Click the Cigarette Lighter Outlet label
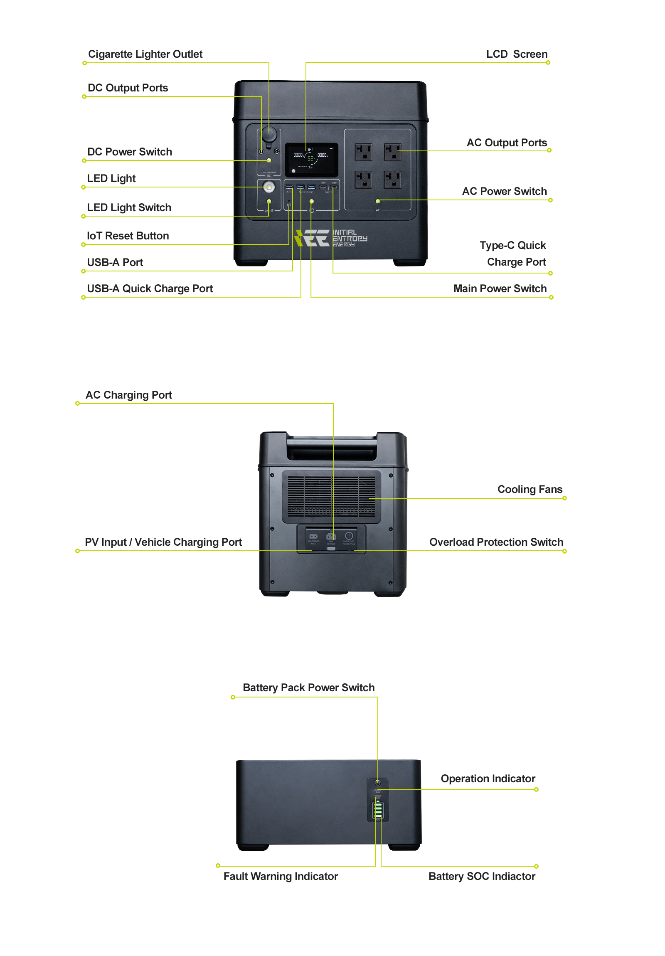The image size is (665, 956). (x=145, y=54)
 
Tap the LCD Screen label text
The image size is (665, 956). (x=516, y=54)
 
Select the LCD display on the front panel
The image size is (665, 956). (x=311, y=160)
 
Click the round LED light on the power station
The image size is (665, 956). (x=269, y=187)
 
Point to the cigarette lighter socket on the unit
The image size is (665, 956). (x=269, y=135)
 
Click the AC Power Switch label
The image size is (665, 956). (x=504, y=191)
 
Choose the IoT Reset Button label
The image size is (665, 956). (x=128, y=236)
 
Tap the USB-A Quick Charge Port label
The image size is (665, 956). (x=150, y=288)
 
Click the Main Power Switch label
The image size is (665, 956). (x=500, y=288)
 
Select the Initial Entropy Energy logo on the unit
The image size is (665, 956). (x=331, y=238)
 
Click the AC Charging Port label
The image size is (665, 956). (x=129, y=395)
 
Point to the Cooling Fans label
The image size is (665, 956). (x=530, y=489)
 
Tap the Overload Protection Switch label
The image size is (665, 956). (x=496, y=542)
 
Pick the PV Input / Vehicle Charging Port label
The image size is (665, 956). (x=163, y=542)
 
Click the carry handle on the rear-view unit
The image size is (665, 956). (x=331, y=449)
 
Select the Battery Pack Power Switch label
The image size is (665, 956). (x=308, y=687)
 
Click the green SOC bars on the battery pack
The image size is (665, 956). (x=378, y=810)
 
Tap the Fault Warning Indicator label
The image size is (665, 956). (x=281, y=876)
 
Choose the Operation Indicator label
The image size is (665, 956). (x=488, y=779)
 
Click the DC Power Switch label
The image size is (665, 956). (x=130, y=152)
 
